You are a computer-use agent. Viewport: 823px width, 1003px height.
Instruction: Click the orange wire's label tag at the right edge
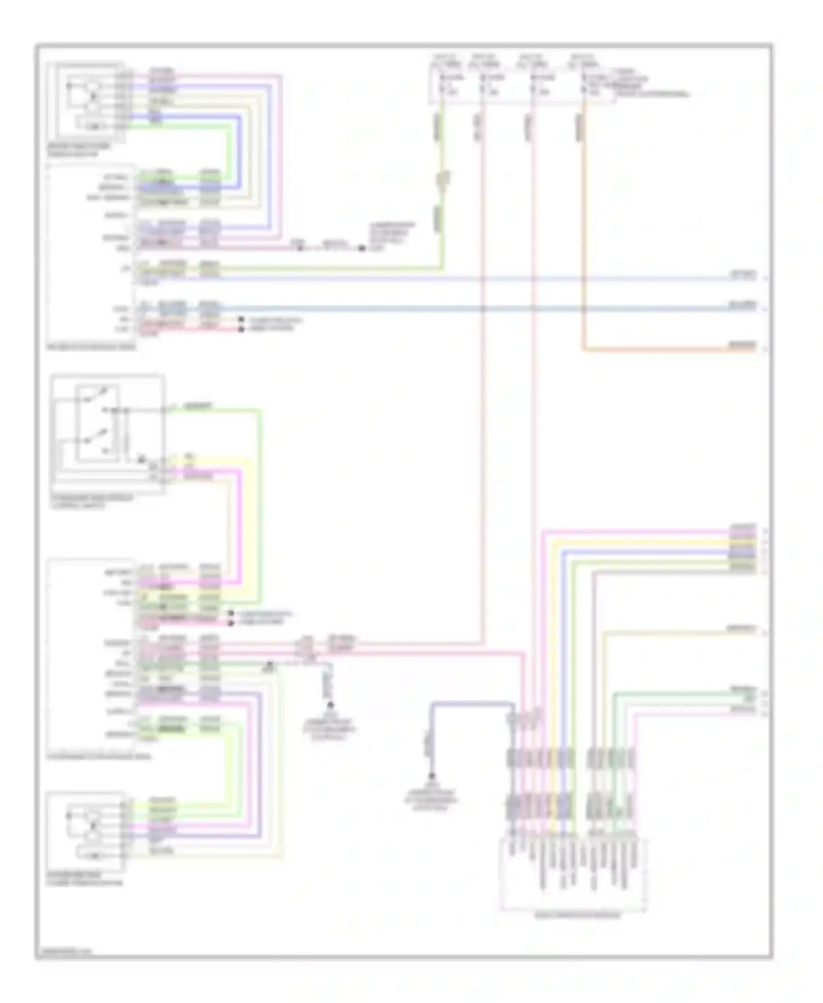pos(742,345)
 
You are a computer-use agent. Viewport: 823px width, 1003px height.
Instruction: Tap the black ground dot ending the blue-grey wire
pos(432,777)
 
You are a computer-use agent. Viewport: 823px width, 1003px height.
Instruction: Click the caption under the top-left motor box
pos(78,150)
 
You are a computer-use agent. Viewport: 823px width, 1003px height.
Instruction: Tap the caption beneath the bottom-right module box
pos(577,916)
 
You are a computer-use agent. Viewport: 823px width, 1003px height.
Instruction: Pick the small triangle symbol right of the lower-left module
pos(269,665)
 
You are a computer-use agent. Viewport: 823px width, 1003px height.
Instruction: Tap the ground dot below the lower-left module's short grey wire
pos(330,705)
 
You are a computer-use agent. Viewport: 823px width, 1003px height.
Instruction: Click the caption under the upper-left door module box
pos(91,347)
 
